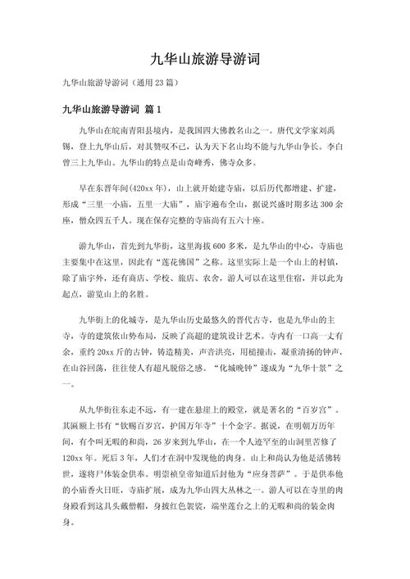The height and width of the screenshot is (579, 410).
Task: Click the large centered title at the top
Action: pyautogui.click(x=205, y=58)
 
